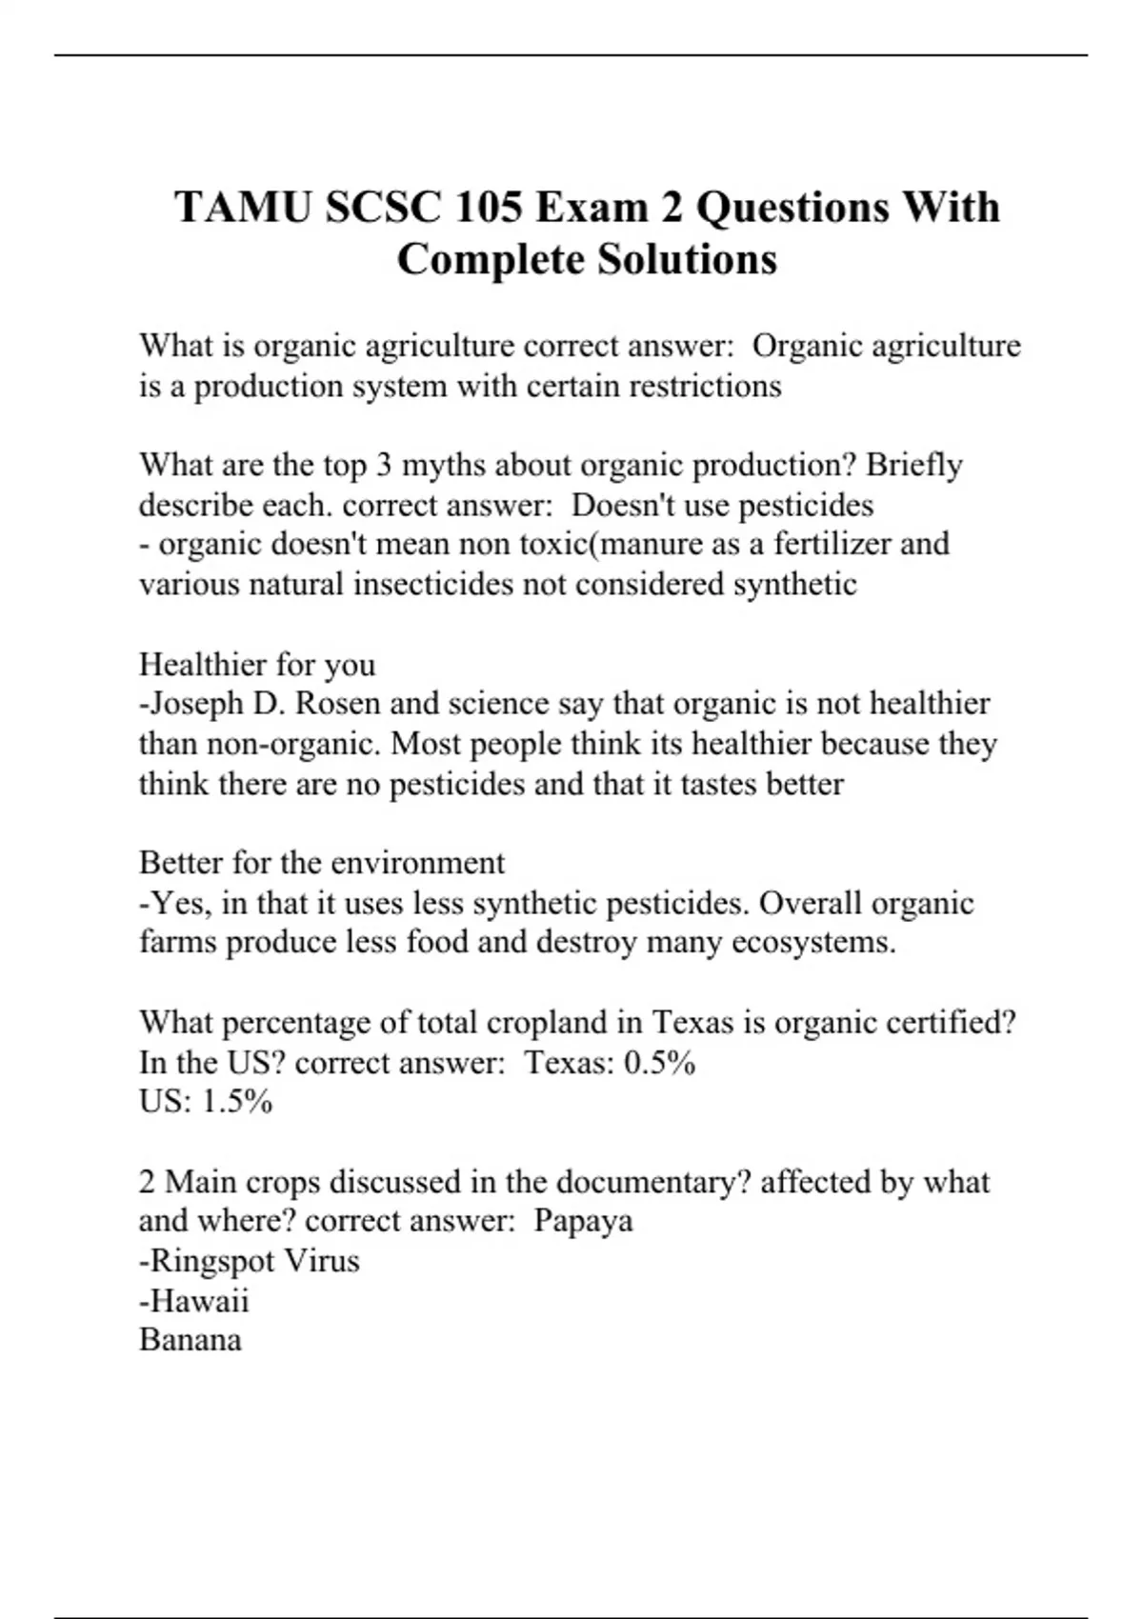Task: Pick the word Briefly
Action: [x=914, y=466]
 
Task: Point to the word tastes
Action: [x=714, y=784]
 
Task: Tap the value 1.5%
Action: [x=237, y=1102]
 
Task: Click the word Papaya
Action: [x=583, y=1221]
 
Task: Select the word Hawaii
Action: [x=200, y=1301]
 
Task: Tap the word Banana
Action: [x=190, y=1340]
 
